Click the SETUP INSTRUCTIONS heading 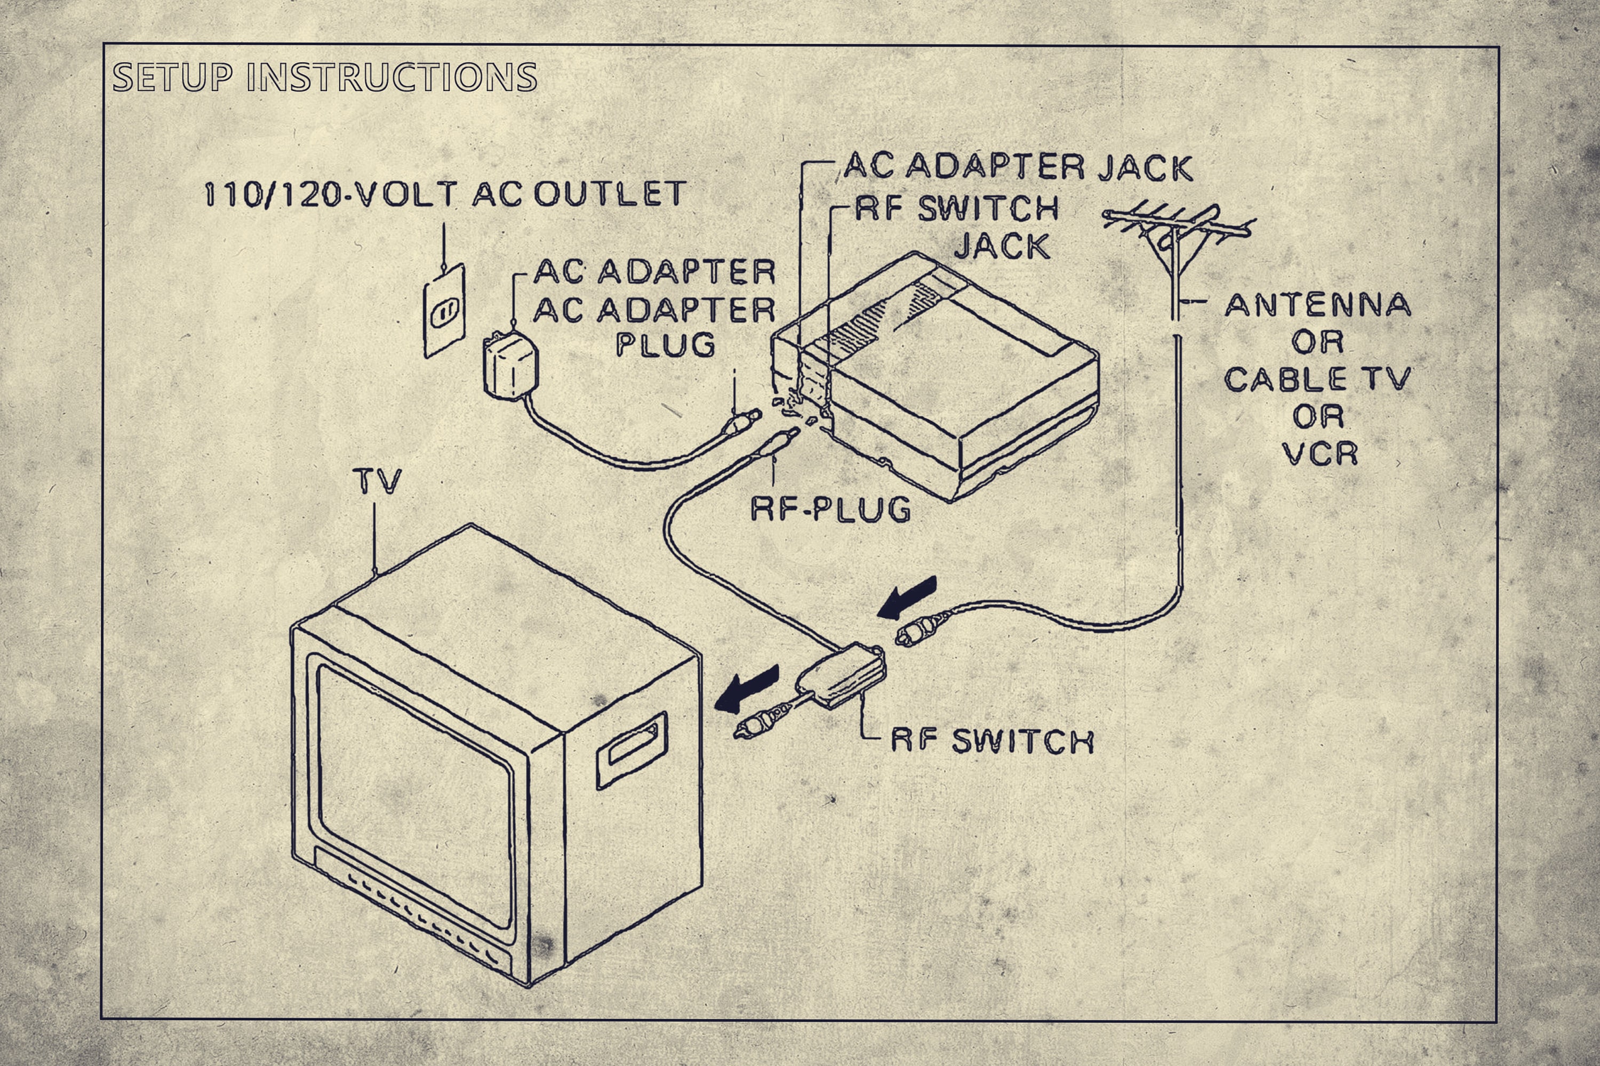[324, 77]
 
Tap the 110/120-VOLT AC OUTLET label [445, 195]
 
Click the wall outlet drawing [444, 311]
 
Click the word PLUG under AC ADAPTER [665, 345]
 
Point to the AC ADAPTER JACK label [1018, 167]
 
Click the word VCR [1319, 454]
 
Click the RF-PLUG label [830, 508]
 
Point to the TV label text [378, 482]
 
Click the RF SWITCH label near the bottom [992, 741]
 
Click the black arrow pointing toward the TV [747, 689]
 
